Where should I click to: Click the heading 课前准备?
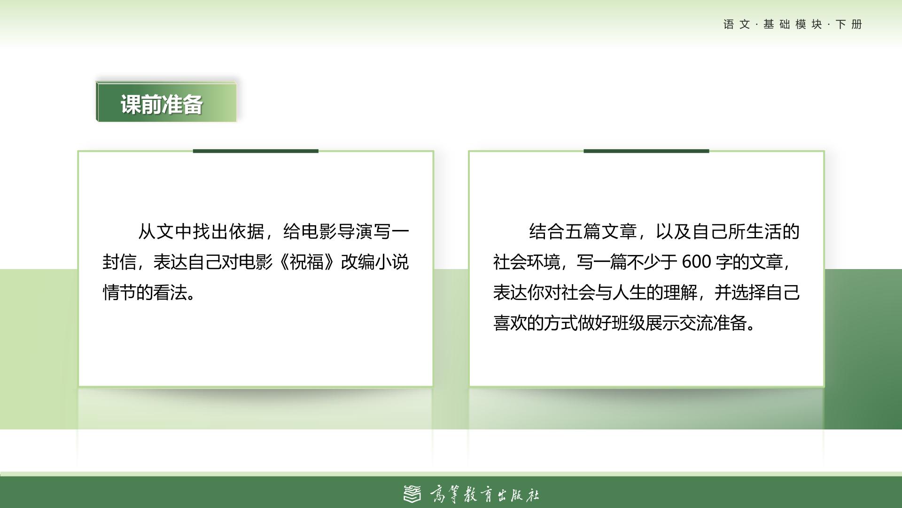(x=162, y=104)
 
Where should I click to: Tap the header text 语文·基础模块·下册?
(x=793, y=24)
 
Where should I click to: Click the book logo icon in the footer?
(x=412, y=494)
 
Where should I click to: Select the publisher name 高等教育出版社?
(x=484, y=494)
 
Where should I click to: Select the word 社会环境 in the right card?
(x=527, y=262)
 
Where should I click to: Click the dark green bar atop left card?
(x=256, y=151)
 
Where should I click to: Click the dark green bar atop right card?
(x=646, y=151)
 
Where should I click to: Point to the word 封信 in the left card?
(x=119, y=262)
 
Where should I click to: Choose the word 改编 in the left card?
(x=358, y=262)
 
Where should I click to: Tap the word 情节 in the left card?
(x=119, y=293)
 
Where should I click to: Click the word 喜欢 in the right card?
(x=510, y=323)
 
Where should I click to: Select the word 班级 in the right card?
(x=628, y=323)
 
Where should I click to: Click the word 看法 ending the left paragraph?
(x=170, y=293)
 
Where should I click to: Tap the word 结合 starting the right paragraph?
(x=547, y=231)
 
